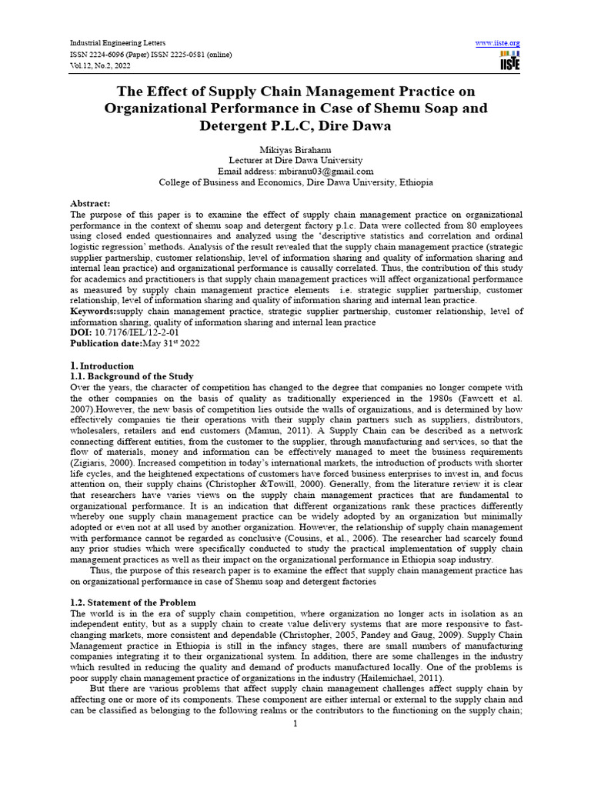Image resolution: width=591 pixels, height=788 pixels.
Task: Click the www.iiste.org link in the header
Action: pyautogui.click(x=498, y=42)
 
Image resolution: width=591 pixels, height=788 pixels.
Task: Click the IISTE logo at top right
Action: pyautogui.click(x=509, y=60)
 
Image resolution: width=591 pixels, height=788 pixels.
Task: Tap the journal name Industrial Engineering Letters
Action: pyautogui.click(x=118, y=42)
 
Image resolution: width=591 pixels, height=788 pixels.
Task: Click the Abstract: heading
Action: pyautogui.click(x=91, y=203)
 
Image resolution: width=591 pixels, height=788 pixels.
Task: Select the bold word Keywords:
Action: pyautogui.click(x=94, y=312)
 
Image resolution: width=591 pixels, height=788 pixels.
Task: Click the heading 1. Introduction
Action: pyautogui.click(x=102, y=366)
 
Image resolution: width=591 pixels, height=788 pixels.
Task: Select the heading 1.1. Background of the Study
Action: pyautogui.click(x=132, y=376)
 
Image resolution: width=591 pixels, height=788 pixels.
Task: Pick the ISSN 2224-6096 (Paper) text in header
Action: pyautogui.click(x=112, y=54)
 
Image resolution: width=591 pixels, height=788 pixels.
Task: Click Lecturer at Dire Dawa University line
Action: pyautogui.click(x=295, y=160)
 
